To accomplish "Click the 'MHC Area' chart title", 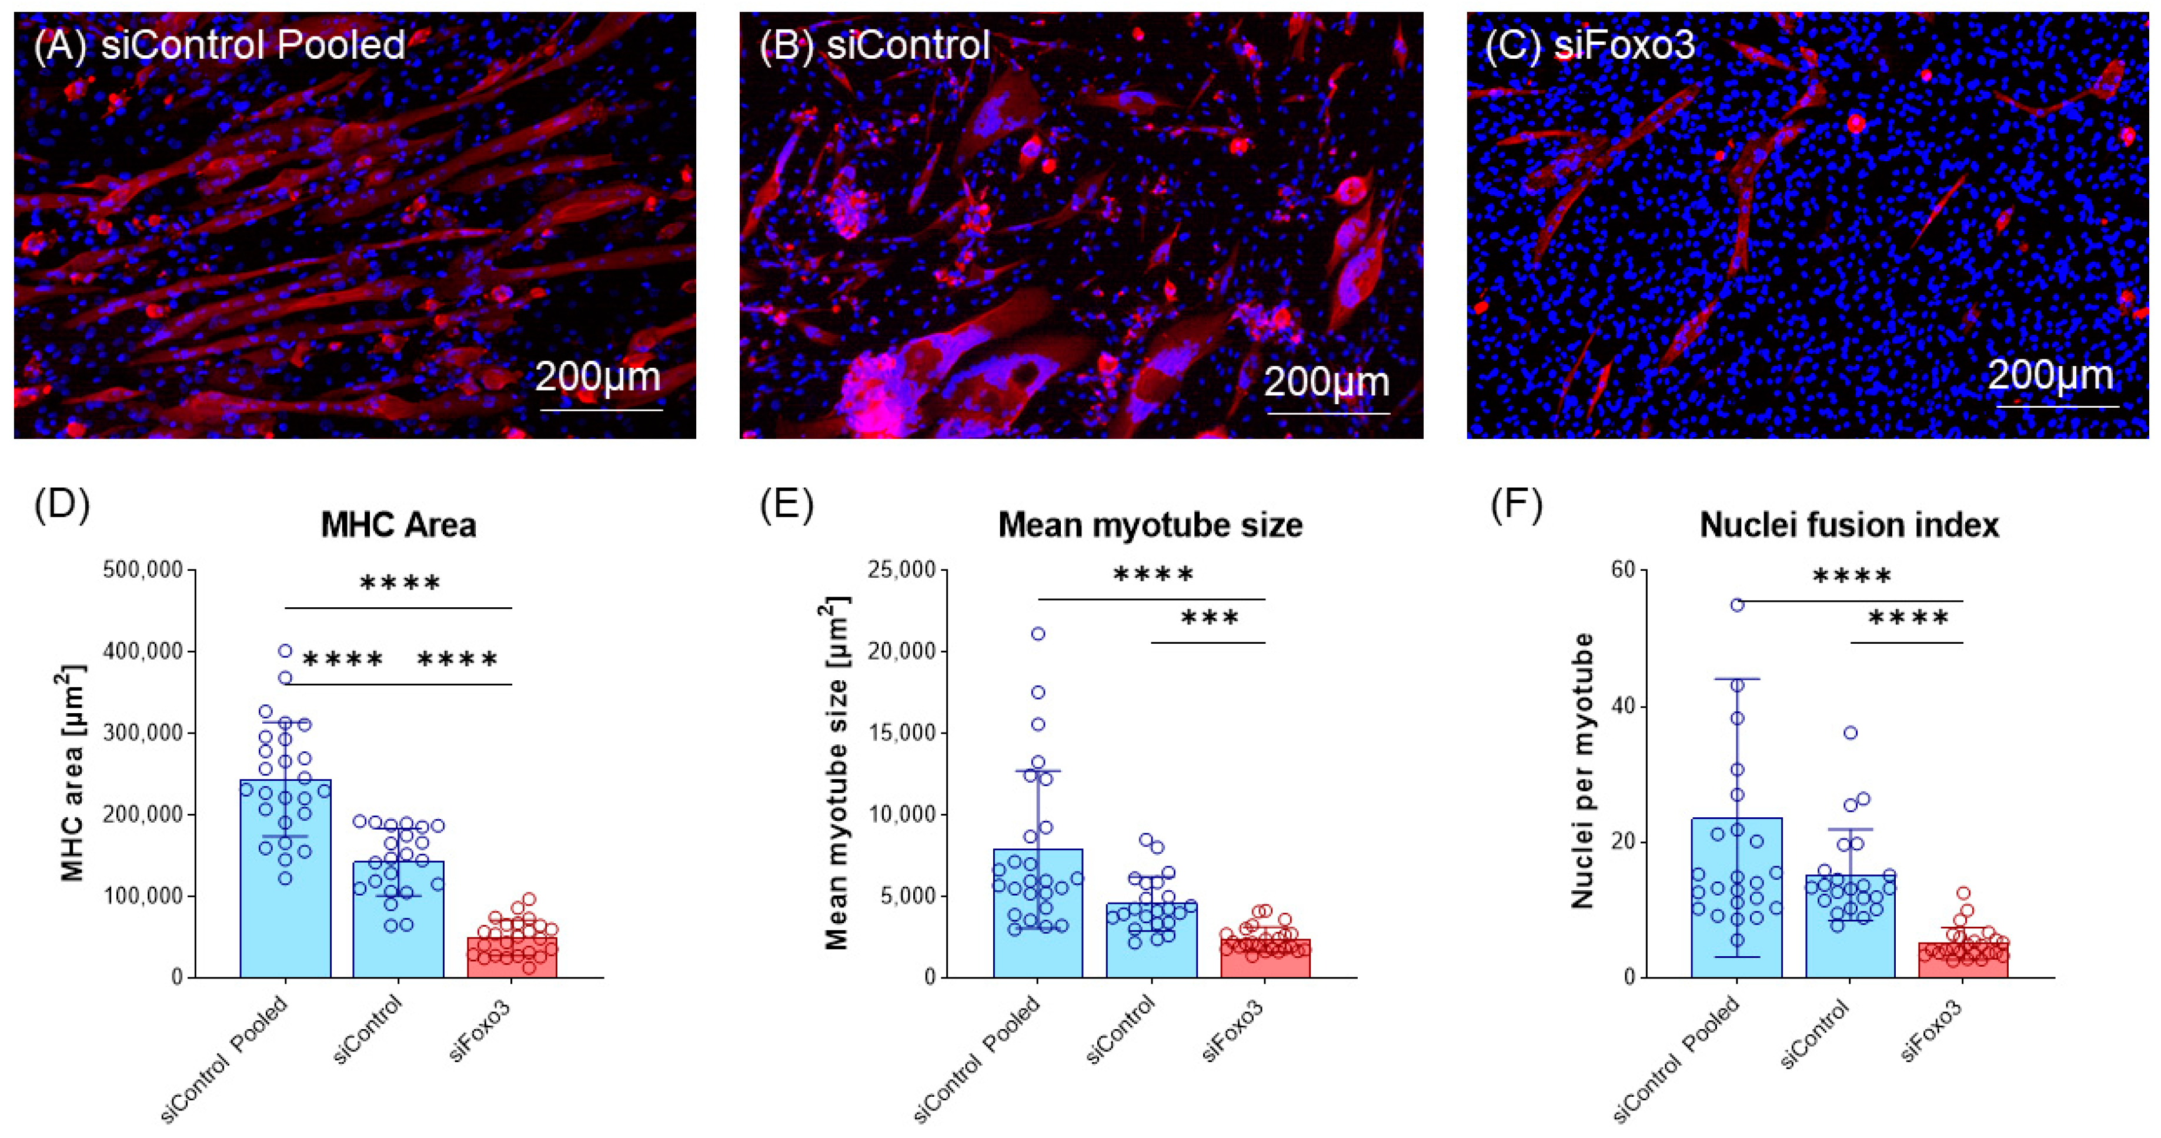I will point(399,525).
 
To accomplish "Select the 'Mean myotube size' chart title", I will point(1150,525).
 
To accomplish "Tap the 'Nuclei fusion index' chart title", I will point(1849,525).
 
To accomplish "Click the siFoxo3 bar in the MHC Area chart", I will point(512,957).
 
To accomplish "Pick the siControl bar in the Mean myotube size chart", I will point(1151,940).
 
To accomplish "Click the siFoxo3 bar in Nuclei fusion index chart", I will point(1963,960).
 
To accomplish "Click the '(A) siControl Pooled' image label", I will point(220,45).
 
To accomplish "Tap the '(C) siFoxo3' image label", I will point(1589,45).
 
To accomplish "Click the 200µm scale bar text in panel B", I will point(1327,382).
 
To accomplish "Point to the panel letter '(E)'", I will point(786,505).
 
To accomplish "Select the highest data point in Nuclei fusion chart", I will point(1738,605).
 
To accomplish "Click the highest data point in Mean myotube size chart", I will point(1038,634).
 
